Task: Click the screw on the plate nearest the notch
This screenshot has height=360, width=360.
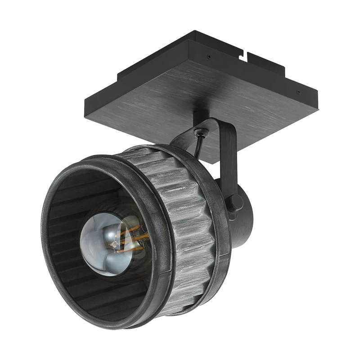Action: pos(208,57)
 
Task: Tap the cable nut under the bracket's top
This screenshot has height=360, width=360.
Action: pos(200,132)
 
